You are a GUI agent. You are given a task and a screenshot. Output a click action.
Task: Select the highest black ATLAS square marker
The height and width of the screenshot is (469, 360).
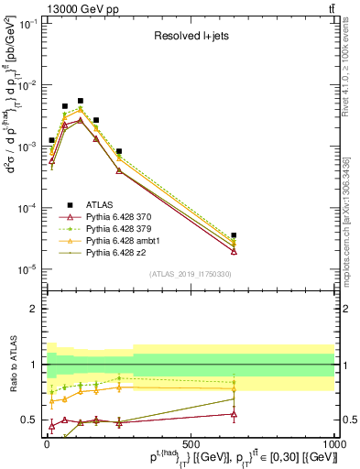[80, 101]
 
